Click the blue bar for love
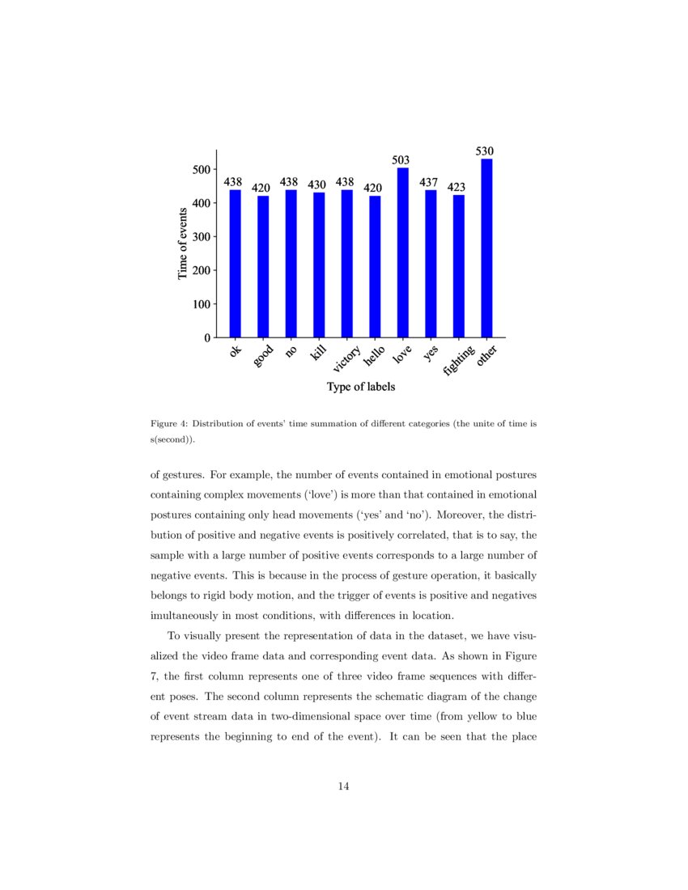click(x=403, y=252)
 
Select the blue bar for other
click(x=486, y=248)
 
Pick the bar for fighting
click(x=459, y=266)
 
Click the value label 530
click(x=485, y=151)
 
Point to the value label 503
click(x=401, y=160)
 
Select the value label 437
click(x=429, y=183)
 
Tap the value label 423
click(x=457, y=188)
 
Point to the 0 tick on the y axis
click(x=208, y=337)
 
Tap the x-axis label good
click(x=263, y=356)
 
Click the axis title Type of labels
click(x=361, y=387)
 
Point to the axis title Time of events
click(x=182, y=244)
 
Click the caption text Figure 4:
click(x=169, y=424)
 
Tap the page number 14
click(x=343, y=786)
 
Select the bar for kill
click(x=319, y=265)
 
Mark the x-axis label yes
click(x=430, y=352)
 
